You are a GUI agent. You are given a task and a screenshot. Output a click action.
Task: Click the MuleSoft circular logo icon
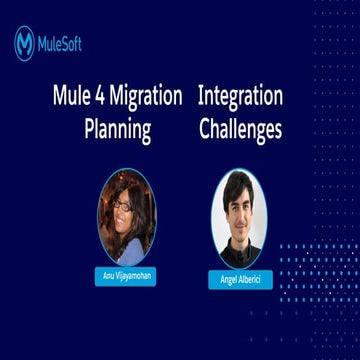(x=24, y=43)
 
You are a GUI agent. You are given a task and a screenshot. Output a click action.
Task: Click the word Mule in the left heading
(x=70, y=97)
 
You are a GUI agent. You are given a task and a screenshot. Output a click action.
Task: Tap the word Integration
(x=240, y=97)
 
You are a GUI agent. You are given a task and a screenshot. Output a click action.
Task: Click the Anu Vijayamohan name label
(x=127, y=273)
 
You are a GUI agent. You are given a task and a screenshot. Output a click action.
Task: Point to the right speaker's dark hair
(x=238, y=183)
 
